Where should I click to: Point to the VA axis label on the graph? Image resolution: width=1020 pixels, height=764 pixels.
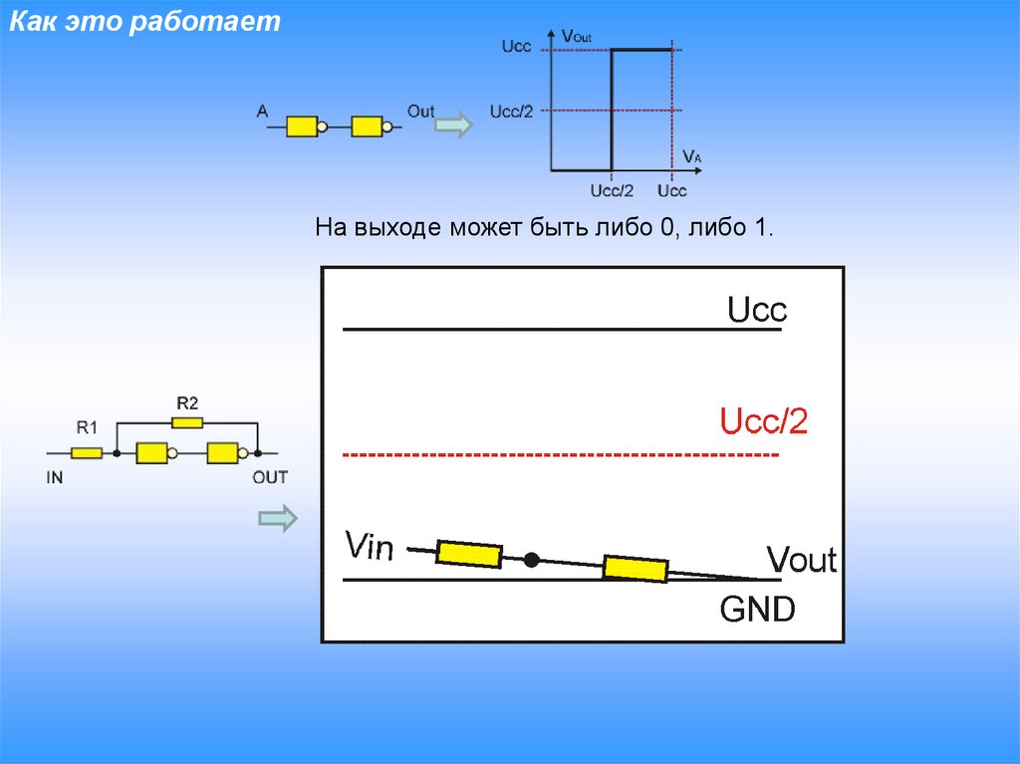pos(692,155)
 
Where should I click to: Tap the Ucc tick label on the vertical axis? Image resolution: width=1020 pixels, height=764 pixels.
pos(515,47)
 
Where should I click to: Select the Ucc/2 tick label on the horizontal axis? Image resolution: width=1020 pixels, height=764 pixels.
pos(612,190)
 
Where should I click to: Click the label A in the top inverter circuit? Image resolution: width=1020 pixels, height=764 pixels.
pos(262,112)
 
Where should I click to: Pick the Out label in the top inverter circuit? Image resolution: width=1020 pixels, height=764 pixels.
pos(420,112)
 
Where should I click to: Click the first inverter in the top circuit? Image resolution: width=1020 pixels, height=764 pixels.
pos(303,127)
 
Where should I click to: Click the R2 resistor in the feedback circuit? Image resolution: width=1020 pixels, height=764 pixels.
pos(187,422)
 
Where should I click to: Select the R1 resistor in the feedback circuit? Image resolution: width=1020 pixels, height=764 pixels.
pos(87,453)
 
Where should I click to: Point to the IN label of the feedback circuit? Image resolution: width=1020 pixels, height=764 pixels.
pos(55,477)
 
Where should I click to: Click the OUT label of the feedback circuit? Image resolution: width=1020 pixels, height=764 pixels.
pos(269,477)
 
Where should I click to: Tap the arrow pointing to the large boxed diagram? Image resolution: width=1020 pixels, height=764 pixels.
pos(278,518)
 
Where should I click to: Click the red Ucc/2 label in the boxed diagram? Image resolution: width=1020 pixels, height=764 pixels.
pos(764,422)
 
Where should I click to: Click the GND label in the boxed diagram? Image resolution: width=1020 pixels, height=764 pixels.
pos(758,609)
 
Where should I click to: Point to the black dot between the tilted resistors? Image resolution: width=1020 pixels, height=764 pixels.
pos(532,560)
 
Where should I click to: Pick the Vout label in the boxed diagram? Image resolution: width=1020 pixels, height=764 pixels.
pos(801,560)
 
